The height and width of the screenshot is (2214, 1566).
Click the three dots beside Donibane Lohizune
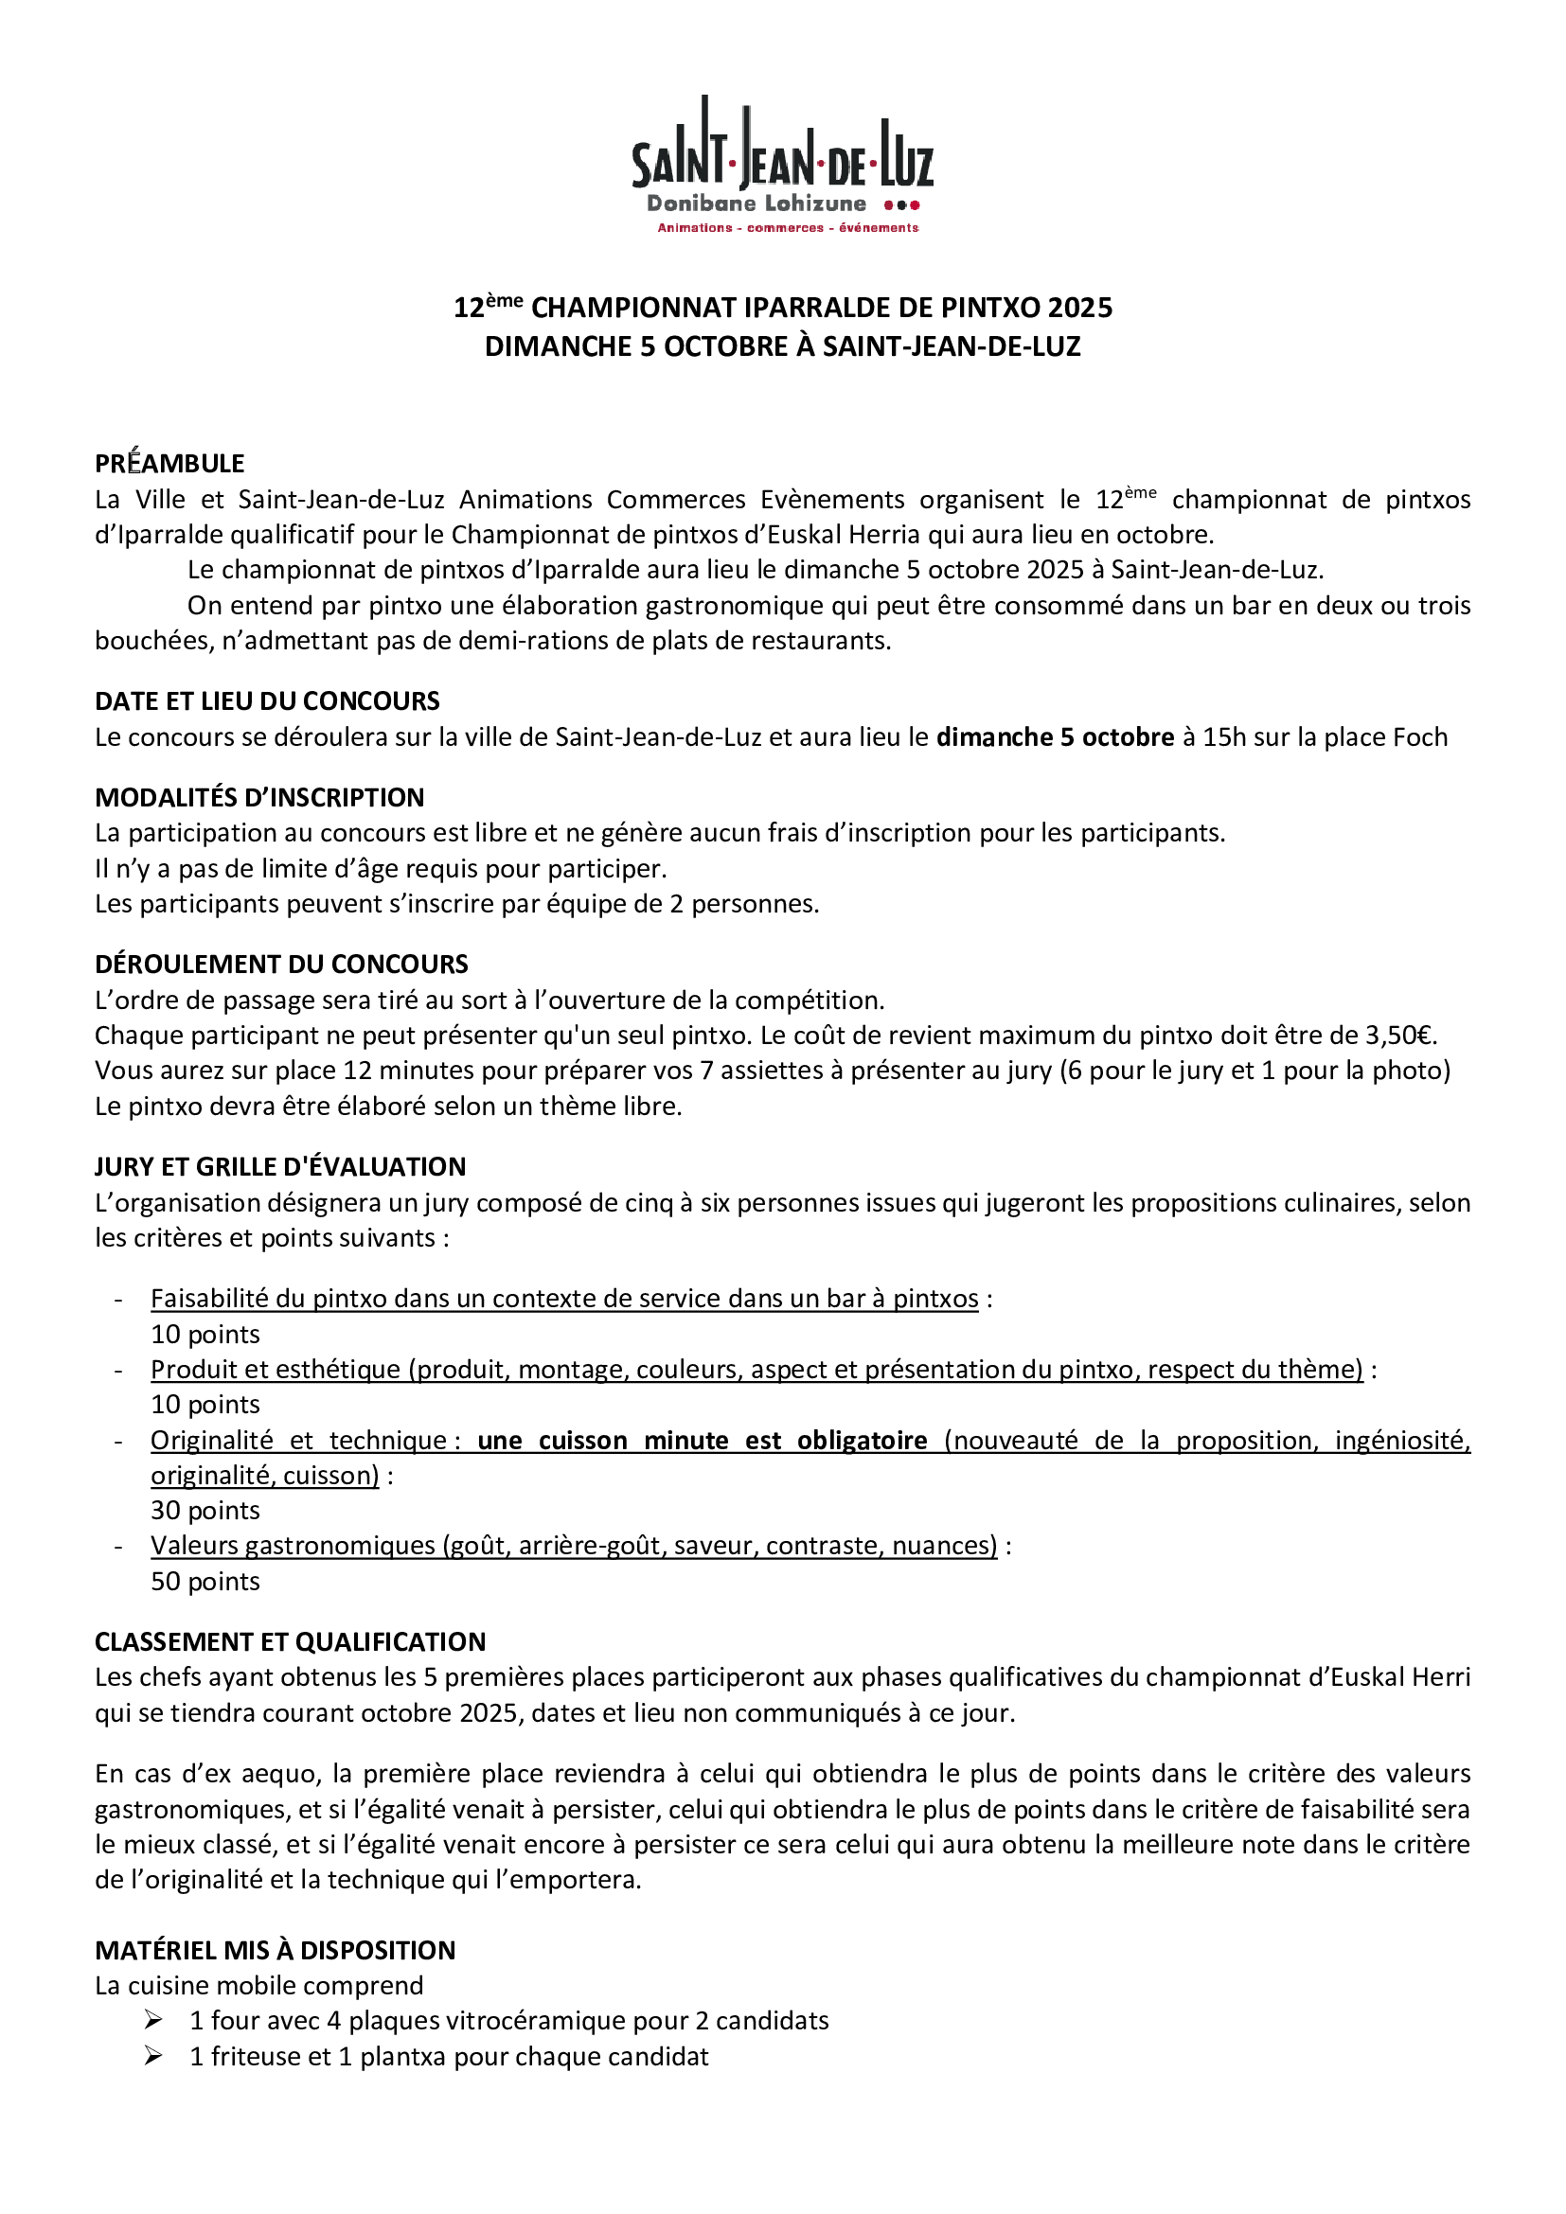tap(901, 204)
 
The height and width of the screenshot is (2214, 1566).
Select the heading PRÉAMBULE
tap(169, 464)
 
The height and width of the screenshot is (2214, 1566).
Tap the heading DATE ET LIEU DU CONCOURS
tap(267, 701)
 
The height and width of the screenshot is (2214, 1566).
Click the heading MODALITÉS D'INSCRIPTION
tap(259, 797)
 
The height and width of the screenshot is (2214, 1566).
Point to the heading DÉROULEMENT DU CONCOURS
tap(280, 965)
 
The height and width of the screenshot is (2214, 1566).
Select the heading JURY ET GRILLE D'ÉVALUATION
tap(279, 1167)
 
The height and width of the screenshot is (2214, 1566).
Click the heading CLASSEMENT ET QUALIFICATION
tap(291, 1642)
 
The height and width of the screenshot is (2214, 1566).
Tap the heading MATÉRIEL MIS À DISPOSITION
tap(275, 1951)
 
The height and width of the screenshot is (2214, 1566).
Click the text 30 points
tap(205, 1511)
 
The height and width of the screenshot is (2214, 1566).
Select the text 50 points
tap(205, 1582)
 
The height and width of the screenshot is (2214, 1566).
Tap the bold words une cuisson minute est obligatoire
tap(702, 1441)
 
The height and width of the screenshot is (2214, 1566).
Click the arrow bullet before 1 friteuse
tap(153, 2057)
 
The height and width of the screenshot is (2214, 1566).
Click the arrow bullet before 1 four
tap(153, 2020)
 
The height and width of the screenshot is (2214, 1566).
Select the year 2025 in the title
tap(1080, 308)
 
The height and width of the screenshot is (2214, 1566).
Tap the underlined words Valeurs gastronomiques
tap(294, 1546)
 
